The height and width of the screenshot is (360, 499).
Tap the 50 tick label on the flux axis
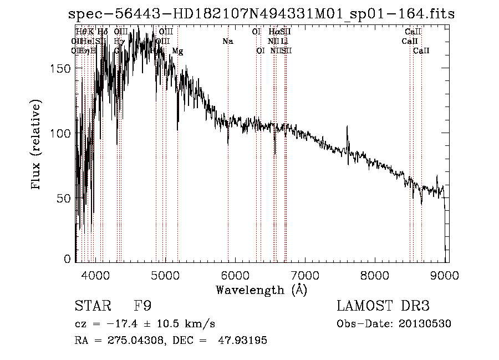click(x=65, y=198)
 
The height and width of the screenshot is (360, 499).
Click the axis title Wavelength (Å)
click(x=261, y=290)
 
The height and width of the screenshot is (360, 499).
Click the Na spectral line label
click(x=228, y=41)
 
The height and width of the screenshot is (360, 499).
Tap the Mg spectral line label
click(x=177, y=51)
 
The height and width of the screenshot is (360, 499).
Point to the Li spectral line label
click(x=284, y=41)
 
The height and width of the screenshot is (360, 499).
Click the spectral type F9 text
click(x=142, y=306)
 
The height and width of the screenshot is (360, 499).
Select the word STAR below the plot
click(x=93, y=306)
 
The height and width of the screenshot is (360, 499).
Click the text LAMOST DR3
click(x=383, y=306)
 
